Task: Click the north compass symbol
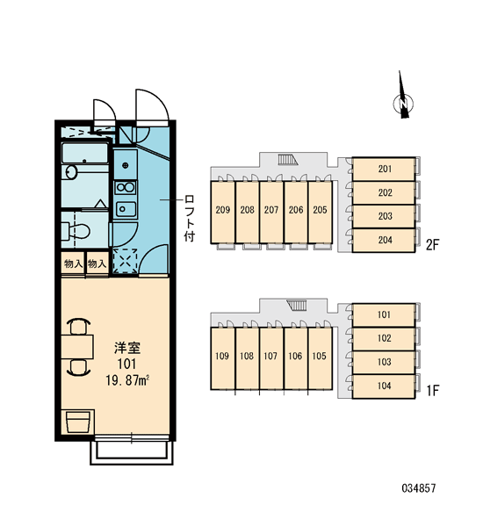[403, 103]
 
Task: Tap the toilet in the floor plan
[76, 230]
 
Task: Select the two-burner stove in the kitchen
[126, 188]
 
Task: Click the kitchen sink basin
[126, 209]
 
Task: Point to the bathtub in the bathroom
[85, 153]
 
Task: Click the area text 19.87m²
[127, 380]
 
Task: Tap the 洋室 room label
[127, 348]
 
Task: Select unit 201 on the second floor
[384, 169]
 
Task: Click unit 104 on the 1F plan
[384, 386]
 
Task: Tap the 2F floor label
[432, 245]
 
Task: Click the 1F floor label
[433, 391]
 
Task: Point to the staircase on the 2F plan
[288, 160]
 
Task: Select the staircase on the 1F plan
[297, 305]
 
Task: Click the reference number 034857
[419, 488]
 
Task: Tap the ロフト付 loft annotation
[189, 218]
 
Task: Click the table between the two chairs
[77, 347]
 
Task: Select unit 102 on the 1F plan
[384, 339]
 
